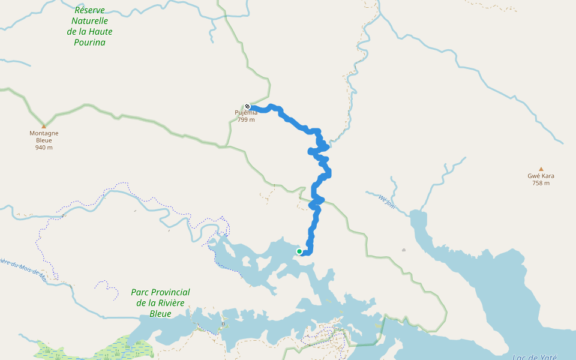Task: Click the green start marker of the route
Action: click(299, 251)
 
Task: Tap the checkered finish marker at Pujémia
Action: click(247, 107)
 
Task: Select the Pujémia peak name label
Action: click(246, 113)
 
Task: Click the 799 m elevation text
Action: click(246, 119)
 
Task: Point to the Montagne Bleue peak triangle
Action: click(44, 126)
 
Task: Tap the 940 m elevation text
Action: click(44, 148)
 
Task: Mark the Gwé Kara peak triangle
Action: click(541, 169)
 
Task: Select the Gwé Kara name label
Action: click(541, 176)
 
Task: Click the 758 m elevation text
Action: click(541, 184)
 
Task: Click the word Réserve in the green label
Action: click(90, 10)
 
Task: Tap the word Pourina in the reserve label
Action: click(90, 43)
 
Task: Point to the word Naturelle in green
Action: click(90, 21)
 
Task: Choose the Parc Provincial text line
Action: click(160, 292)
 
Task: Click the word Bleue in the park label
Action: click(160, 314)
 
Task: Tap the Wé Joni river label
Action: click(387, 201)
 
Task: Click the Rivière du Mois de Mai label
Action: click(24, 268)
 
